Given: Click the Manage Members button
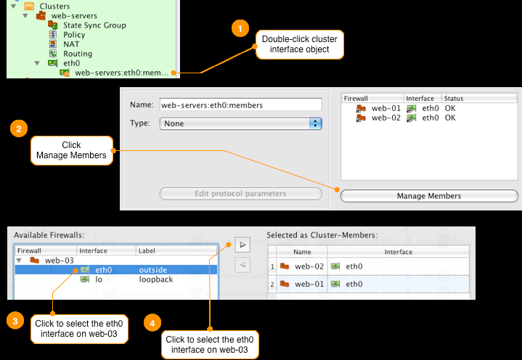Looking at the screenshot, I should [429, 196].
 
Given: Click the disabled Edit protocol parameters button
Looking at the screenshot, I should [240, 194].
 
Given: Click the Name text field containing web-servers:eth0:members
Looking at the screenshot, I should [240, 105].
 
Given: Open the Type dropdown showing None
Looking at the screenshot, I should [240, 123].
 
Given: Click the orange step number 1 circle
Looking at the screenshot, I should [237, 29].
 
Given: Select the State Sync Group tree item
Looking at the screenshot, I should [94, 25].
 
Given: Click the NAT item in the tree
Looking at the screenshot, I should [71, 44].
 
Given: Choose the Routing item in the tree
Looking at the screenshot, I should [77, 54].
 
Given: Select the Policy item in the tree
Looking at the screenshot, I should [74, 35].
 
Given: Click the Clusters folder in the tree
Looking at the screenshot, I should [54, 7].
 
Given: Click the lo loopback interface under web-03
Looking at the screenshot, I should [98, 279].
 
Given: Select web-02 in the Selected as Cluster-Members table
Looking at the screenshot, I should [308, 266].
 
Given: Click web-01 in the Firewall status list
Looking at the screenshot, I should [386, 108].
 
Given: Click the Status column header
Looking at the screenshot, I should [454, 98].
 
